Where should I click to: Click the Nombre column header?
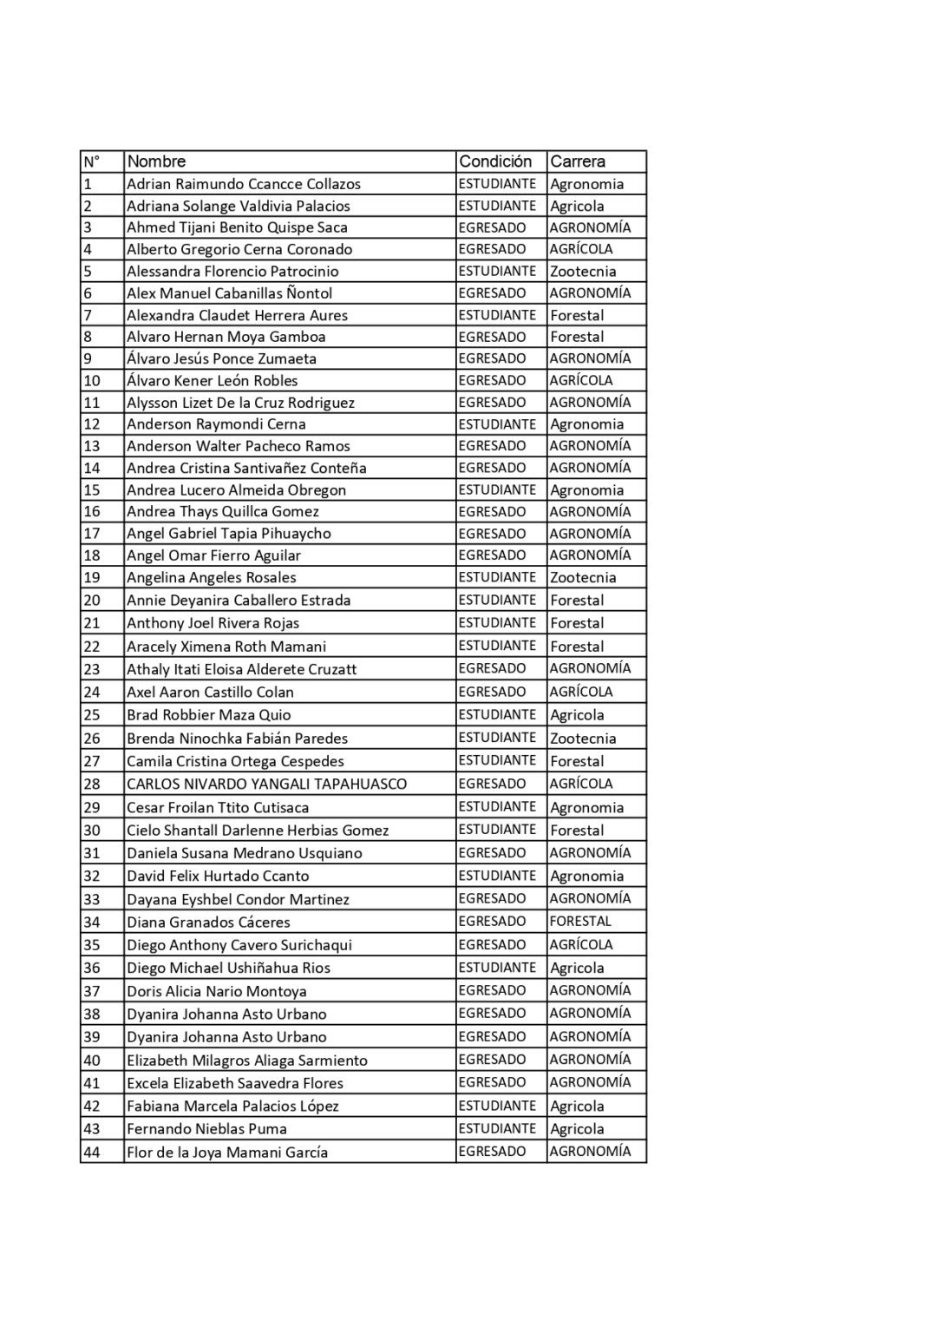pos(157,161)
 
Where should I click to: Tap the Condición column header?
pos(495,161)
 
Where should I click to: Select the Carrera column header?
pos(578,161)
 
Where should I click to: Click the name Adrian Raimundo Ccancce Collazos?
pos(244,184)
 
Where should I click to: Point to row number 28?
pos(92,785)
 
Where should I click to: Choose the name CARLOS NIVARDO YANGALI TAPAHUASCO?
pos(266,785)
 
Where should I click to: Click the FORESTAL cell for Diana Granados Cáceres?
pos(580,922)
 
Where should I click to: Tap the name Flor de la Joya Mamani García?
pos(227,1152)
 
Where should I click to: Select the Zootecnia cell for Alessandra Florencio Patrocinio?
pos(583,272)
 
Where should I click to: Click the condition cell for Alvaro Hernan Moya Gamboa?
pos(492,337)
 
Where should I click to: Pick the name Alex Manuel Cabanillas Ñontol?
pos(230,293)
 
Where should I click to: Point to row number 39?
pos(92,1037)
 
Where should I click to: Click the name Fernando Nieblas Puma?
pos(206,1129)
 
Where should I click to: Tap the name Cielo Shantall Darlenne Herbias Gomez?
pos(258,831)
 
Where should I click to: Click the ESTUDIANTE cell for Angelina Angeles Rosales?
pos(497,578)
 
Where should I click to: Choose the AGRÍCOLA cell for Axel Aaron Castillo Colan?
pos(581,693)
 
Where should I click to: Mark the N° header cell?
pos(92,161)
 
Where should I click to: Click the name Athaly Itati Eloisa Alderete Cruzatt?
pos(242,669)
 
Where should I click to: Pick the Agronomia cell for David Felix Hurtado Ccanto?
pos(586,877)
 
